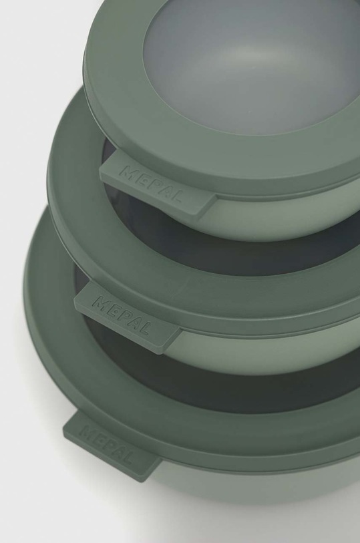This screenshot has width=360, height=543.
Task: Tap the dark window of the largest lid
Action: (200, 374)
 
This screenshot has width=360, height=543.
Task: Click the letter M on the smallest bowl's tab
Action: (126, 172)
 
